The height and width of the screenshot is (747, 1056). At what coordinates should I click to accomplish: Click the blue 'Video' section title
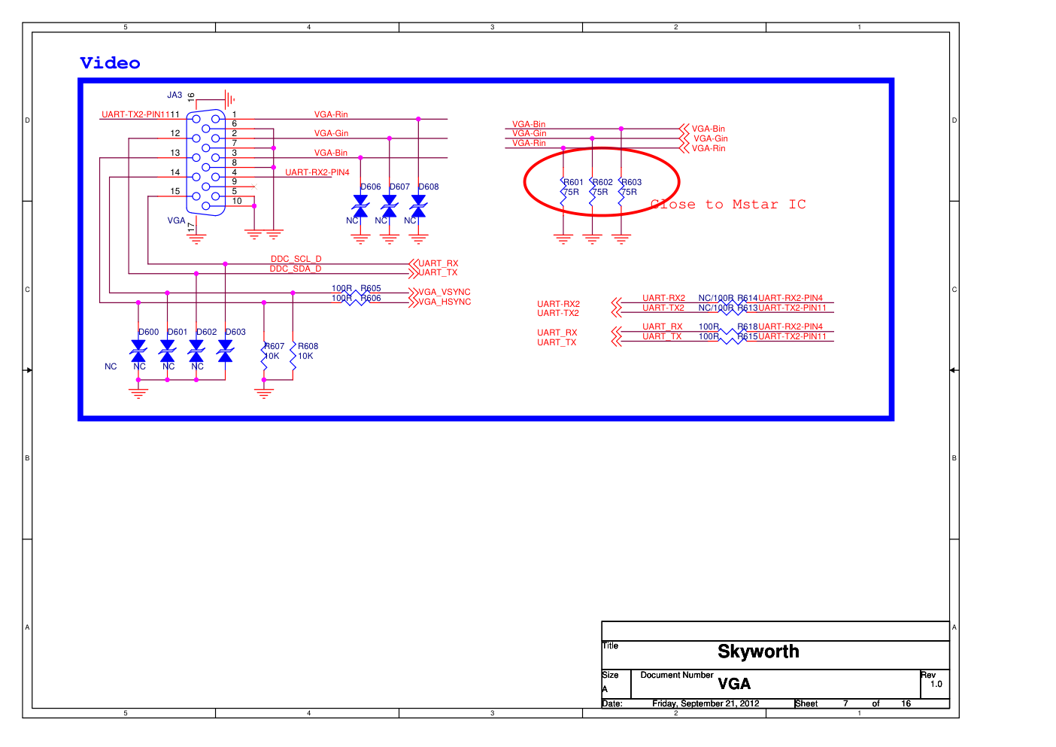click(x=110, y=63)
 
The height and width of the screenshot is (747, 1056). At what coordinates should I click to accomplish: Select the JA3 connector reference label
click(x=174, y=96)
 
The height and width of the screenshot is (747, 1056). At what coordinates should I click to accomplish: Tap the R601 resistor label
click(x=574, y=182)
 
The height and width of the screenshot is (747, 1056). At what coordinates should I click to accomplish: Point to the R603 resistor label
click(x=632, y=182)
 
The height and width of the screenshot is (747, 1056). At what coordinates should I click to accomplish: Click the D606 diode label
click(x=371, y=187)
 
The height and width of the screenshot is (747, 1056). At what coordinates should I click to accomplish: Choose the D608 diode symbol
click(x=418, y=205)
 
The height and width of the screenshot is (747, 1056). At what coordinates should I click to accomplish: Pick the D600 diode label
click(x=149, y=332)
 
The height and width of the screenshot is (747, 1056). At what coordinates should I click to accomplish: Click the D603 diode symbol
click(x=225, y=351)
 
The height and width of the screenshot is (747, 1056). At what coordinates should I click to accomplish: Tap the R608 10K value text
click(x=305, y=357)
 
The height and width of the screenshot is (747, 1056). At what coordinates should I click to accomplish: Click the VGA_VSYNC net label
click(x=445, y=292)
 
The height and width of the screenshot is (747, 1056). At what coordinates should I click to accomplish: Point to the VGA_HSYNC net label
click(x=445, y=302)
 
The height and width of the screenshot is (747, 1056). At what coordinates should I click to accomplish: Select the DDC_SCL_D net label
click(x=296, y=259)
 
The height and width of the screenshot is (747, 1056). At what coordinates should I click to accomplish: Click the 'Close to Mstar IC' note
click(x=728, y=205)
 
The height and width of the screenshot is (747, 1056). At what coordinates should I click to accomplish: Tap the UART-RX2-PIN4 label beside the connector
click(x=317, y=172)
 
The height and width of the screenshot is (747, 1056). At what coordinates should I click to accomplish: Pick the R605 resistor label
click(x=371, y=288)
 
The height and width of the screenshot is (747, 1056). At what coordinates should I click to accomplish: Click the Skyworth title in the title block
click(x=758, y=651)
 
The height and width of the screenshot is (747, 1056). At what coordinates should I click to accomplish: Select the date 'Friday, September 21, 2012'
click(x=706, y=703)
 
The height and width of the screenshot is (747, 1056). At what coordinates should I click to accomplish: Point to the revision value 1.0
click(x=936, y=684)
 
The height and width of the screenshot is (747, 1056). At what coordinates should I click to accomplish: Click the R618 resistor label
click(x=748, y=326)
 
